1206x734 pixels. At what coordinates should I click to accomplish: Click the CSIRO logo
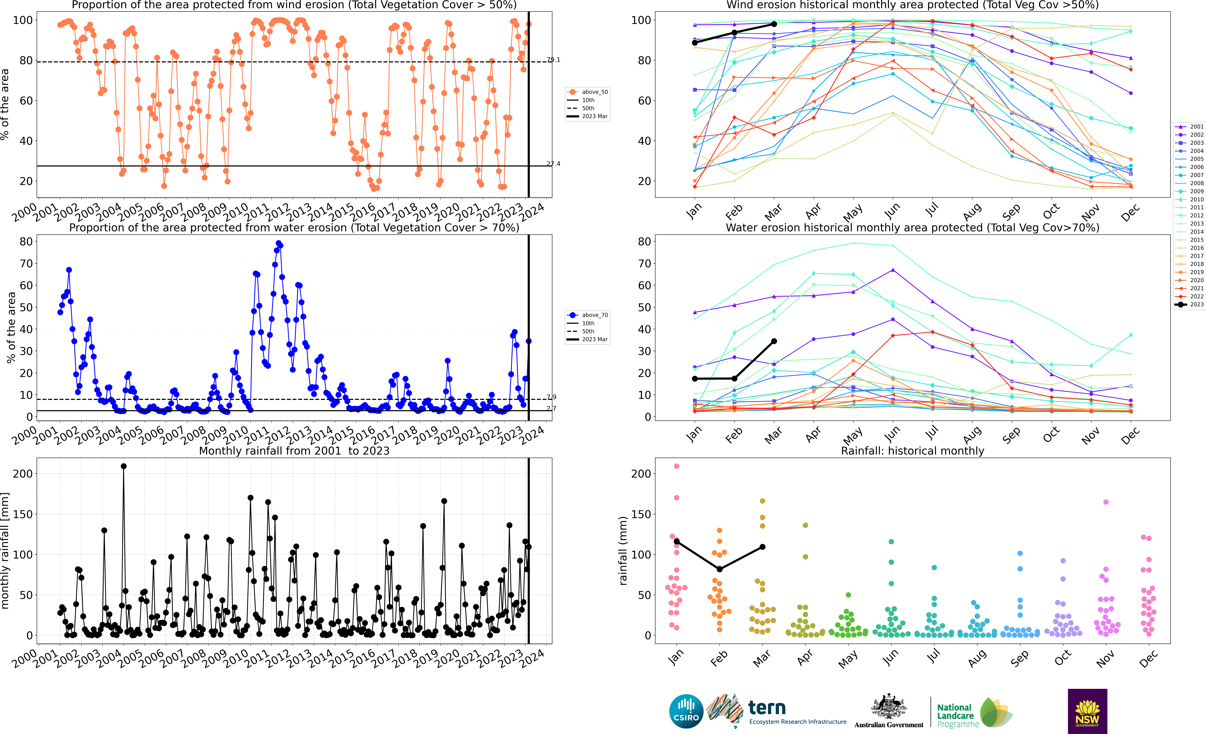point(686,711)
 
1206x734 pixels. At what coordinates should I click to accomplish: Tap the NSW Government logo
point(1087,711)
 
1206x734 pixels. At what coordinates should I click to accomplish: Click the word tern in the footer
point(767,708)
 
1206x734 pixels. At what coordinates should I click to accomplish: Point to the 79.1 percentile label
point(554,60)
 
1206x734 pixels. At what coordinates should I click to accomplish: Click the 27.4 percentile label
point(554,164)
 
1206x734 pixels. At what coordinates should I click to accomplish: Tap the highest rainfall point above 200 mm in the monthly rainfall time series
point(124,466)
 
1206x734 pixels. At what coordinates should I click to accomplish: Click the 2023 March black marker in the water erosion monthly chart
point(774,341)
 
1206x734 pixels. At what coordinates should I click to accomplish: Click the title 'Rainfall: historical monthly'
point(912,451)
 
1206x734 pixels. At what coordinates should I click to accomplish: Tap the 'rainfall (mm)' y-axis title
point(623,551)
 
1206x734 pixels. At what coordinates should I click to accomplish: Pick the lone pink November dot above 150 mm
point(1106,502)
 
